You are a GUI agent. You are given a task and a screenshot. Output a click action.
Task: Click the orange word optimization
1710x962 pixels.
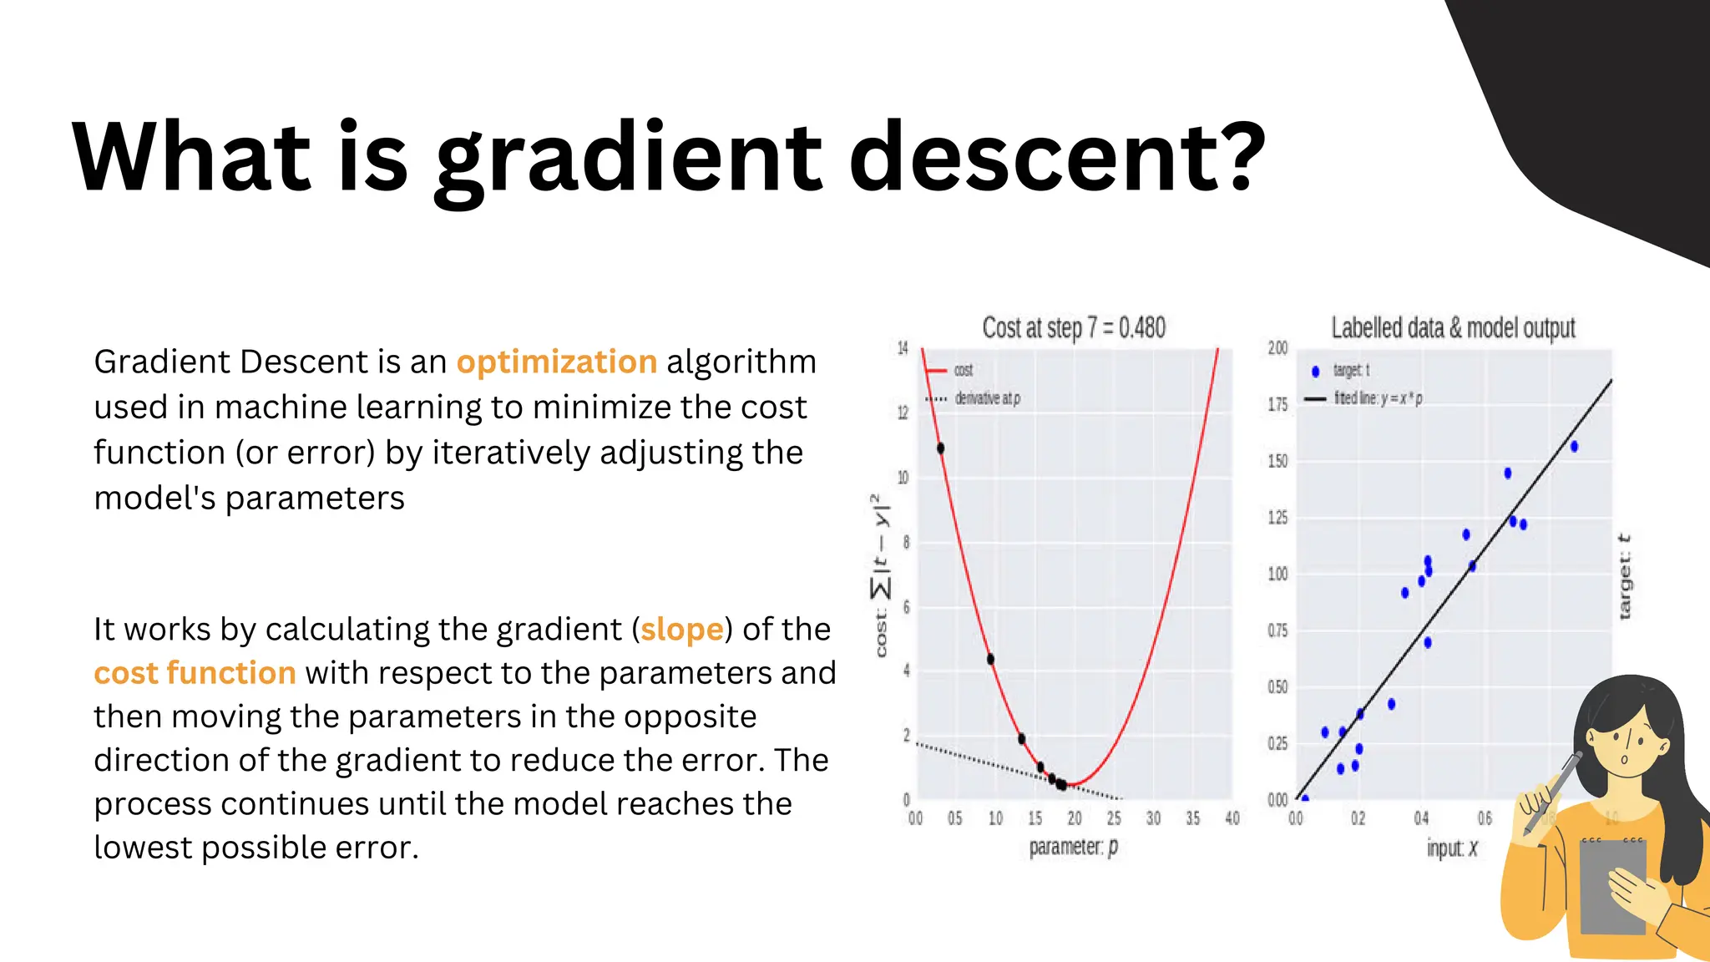click(x=556, y=362)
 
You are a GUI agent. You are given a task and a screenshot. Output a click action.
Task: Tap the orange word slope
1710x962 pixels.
click(x=681, y=630)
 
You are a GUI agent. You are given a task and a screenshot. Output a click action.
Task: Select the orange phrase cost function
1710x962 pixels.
click(x=195, y=673)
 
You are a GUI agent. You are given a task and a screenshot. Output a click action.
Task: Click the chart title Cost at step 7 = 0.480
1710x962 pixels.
click(x=1073, y=328)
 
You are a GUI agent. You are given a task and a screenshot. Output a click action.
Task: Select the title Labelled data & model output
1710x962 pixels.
click(x=1452, y=328)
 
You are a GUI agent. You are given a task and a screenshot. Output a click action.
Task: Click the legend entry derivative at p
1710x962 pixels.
click(x=986, y=399)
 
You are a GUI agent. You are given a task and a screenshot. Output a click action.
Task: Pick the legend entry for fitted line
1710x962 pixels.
click(x=1377, y=399)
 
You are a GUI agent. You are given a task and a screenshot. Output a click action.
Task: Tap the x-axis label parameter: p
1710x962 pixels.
click(x=1073, y=847)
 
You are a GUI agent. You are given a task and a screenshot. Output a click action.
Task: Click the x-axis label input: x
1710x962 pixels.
click(x=1451, y=848)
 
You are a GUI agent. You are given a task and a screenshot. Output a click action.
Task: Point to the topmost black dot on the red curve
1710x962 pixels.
click(x=940, y=448)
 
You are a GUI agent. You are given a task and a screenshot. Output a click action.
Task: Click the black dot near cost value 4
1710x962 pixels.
click(x=990, y=659)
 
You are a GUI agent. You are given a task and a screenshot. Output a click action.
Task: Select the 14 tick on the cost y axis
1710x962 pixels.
click(x=903, y=348)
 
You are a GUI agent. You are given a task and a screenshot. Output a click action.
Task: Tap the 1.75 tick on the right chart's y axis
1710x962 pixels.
click(x=1277, y=404)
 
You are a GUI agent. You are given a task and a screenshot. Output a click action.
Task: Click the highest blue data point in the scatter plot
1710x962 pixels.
click(x=1574, y=447)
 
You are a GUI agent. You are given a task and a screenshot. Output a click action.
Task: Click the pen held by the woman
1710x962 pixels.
click(x=1552, y=793)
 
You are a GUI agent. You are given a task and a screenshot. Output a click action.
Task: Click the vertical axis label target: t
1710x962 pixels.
click(x=1624, y=576)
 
